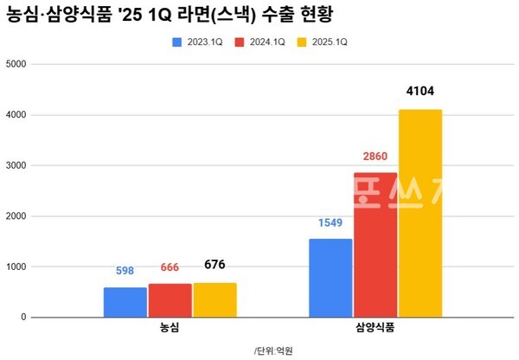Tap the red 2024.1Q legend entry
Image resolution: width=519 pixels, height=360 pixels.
[266, 42]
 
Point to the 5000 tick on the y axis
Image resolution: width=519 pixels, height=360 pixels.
[16, 64]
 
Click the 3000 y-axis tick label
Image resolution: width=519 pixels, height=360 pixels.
[16, 165]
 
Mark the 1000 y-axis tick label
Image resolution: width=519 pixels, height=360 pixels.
[16, 267]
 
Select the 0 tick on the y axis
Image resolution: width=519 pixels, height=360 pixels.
[24, 318]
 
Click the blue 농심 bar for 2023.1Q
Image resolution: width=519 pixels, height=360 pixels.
[125, 302]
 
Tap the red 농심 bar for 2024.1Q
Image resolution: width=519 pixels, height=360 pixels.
[170, 300]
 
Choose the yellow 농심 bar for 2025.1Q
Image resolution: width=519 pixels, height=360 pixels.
[215, 299]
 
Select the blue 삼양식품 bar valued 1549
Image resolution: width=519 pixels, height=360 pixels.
[330, 278]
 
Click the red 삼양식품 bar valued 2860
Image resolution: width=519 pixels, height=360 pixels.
[375, 245]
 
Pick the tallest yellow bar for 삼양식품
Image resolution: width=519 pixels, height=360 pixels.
[420, 213]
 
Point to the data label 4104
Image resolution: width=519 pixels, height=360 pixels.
[420, 92]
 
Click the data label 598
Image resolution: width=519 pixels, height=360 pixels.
[125, 271]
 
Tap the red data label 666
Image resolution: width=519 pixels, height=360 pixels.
[170, 267]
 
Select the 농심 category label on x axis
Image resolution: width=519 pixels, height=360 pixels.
[170, 330]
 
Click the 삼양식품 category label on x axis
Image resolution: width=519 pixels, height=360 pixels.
[375, 330]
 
